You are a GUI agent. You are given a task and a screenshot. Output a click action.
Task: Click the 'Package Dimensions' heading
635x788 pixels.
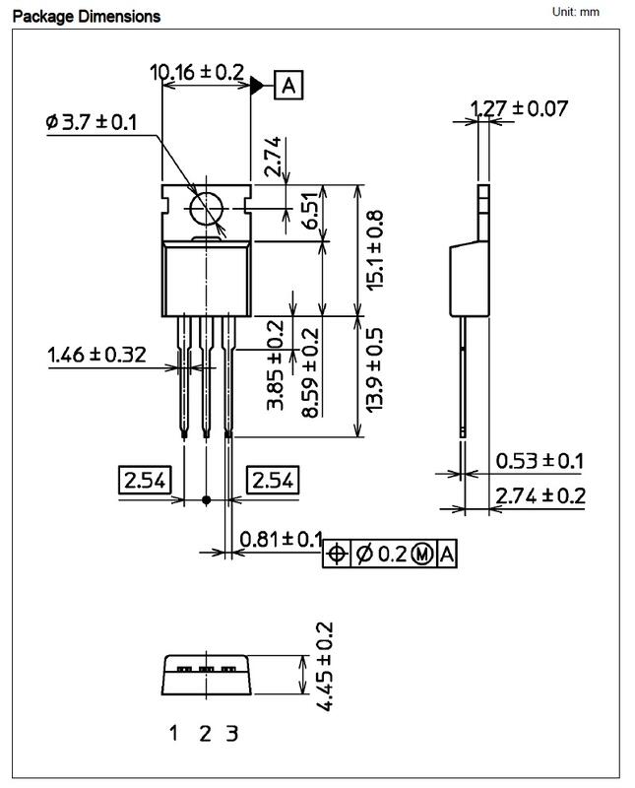(86, 17)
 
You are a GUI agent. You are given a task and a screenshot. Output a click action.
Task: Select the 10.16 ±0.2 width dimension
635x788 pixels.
(197, 72)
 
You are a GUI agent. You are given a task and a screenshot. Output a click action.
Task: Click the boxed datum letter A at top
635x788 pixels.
(288, 86)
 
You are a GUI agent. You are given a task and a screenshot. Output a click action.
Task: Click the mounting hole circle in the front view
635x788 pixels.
(208, 209)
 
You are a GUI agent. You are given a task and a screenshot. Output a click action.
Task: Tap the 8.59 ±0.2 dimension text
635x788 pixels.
(310, 372)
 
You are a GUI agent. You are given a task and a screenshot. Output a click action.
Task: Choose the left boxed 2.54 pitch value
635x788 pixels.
(145, 481)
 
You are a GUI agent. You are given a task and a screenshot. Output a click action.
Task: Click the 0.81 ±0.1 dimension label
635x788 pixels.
(281, 539)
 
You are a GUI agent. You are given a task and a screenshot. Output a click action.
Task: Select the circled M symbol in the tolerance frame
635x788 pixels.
(422, 555)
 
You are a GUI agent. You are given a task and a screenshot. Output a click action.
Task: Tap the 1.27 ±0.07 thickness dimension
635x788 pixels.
(519, 107)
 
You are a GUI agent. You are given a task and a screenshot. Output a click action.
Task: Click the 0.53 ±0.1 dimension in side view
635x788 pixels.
(540, 460)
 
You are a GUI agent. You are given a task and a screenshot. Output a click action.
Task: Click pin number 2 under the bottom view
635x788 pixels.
(205, 733)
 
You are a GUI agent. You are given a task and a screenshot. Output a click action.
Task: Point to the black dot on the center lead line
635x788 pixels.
(206, 500)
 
